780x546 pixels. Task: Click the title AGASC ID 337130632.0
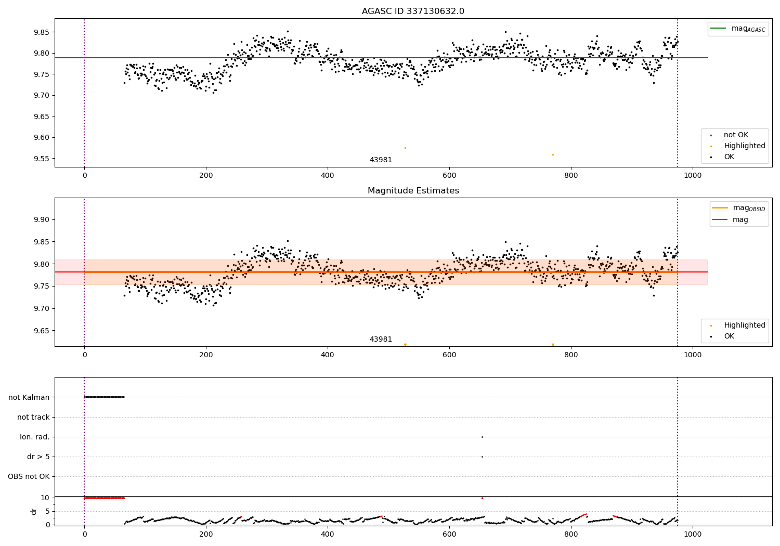[413, 11]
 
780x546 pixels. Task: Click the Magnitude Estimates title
[413, 191]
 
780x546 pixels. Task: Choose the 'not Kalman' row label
[29, 397]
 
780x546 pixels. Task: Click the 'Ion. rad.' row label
[35, 437]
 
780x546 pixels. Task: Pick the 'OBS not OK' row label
[29, 476]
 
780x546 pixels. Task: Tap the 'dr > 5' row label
[38, 457]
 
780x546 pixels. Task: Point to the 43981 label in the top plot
[381, 160]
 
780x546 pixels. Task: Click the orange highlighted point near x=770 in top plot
[553, 154]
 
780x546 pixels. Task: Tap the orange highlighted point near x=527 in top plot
[405, 148]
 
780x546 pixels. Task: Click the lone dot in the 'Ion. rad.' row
[482, 437]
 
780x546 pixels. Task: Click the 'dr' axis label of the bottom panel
[34, 511]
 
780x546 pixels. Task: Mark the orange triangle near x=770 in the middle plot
[553, 345]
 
